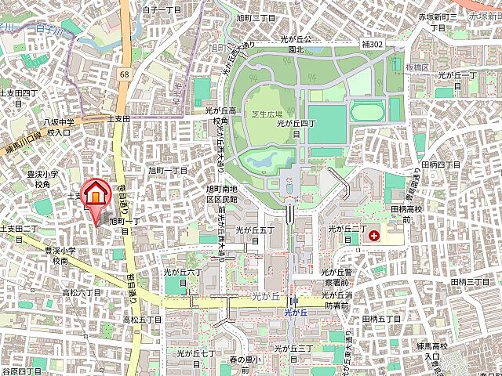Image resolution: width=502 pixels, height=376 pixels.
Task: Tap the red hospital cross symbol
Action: point(373,235)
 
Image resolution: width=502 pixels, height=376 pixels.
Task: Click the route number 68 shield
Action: point(125,74)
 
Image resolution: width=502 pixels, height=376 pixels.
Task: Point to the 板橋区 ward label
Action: point(417,68)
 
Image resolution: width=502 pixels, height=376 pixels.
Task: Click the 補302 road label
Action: point(372,45)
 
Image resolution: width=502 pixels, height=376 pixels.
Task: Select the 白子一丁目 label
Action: point(162,9)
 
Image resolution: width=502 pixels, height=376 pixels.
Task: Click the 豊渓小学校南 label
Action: point(60,255)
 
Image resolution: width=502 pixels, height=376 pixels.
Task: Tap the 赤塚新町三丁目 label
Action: point(437,21)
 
